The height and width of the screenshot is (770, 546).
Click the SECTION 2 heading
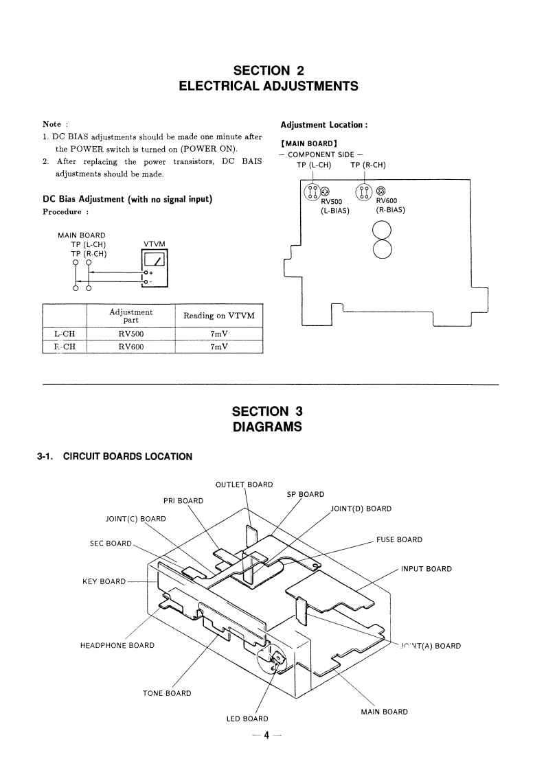click(268, 71)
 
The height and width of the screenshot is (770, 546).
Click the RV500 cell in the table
click(130, 334)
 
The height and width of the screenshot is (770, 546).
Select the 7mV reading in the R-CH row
click(219, 347)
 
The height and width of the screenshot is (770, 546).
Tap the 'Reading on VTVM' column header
click(219, 316)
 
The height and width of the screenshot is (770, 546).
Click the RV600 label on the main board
click(387, 201)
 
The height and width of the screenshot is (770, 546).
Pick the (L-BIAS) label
click(332, 211)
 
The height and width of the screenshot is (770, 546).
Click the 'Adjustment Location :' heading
click(324, 125)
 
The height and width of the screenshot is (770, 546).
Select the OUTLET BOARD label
click(244, 485)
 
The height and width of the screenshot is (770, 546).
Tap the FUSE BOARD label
click(399, 539)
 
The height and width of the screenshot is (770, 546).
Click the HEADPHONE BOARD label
click(117, 645)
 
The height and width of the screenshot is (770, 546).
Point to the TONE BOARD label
click(167, 693)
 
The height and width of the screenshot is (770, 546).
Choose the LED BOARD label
click(247, 719)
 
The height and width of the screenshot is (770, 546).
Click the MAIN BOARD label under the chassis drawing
click(384, 712)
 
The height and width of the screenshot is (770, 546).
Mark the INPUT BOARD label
click(426, 568)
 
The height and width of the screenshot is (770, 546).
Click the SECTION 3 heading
click(268, 411)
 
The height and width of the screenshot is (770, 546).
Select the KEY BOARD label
click(104, 582)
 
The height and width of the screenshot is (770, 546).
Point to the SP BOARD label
click(306, 494)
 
